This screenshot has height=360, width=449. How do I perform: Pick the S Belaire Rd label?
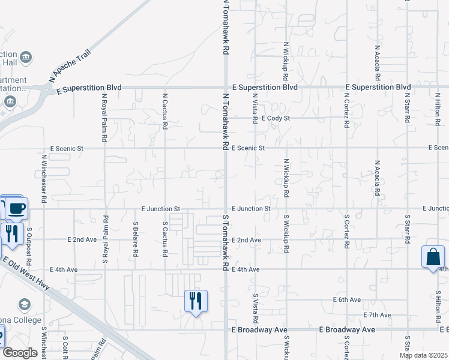[135, 239]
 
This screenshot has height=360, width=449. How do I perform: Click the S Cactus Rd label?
[165, 238]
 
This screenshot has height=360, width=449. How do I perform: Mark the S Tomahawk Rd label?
[226, 241]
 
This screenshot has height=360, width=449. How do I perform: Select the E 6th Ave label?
[347, 299]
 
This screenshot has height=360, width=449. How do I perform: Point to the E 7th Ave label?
[378, 315]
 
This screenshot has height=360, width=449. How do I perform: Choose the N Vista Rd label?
[255, 109]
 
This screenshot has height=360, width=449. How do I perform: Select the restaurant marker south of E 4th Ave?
[195, 301]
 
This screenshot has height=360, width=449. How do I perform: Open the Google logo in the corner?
[20, 353]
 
